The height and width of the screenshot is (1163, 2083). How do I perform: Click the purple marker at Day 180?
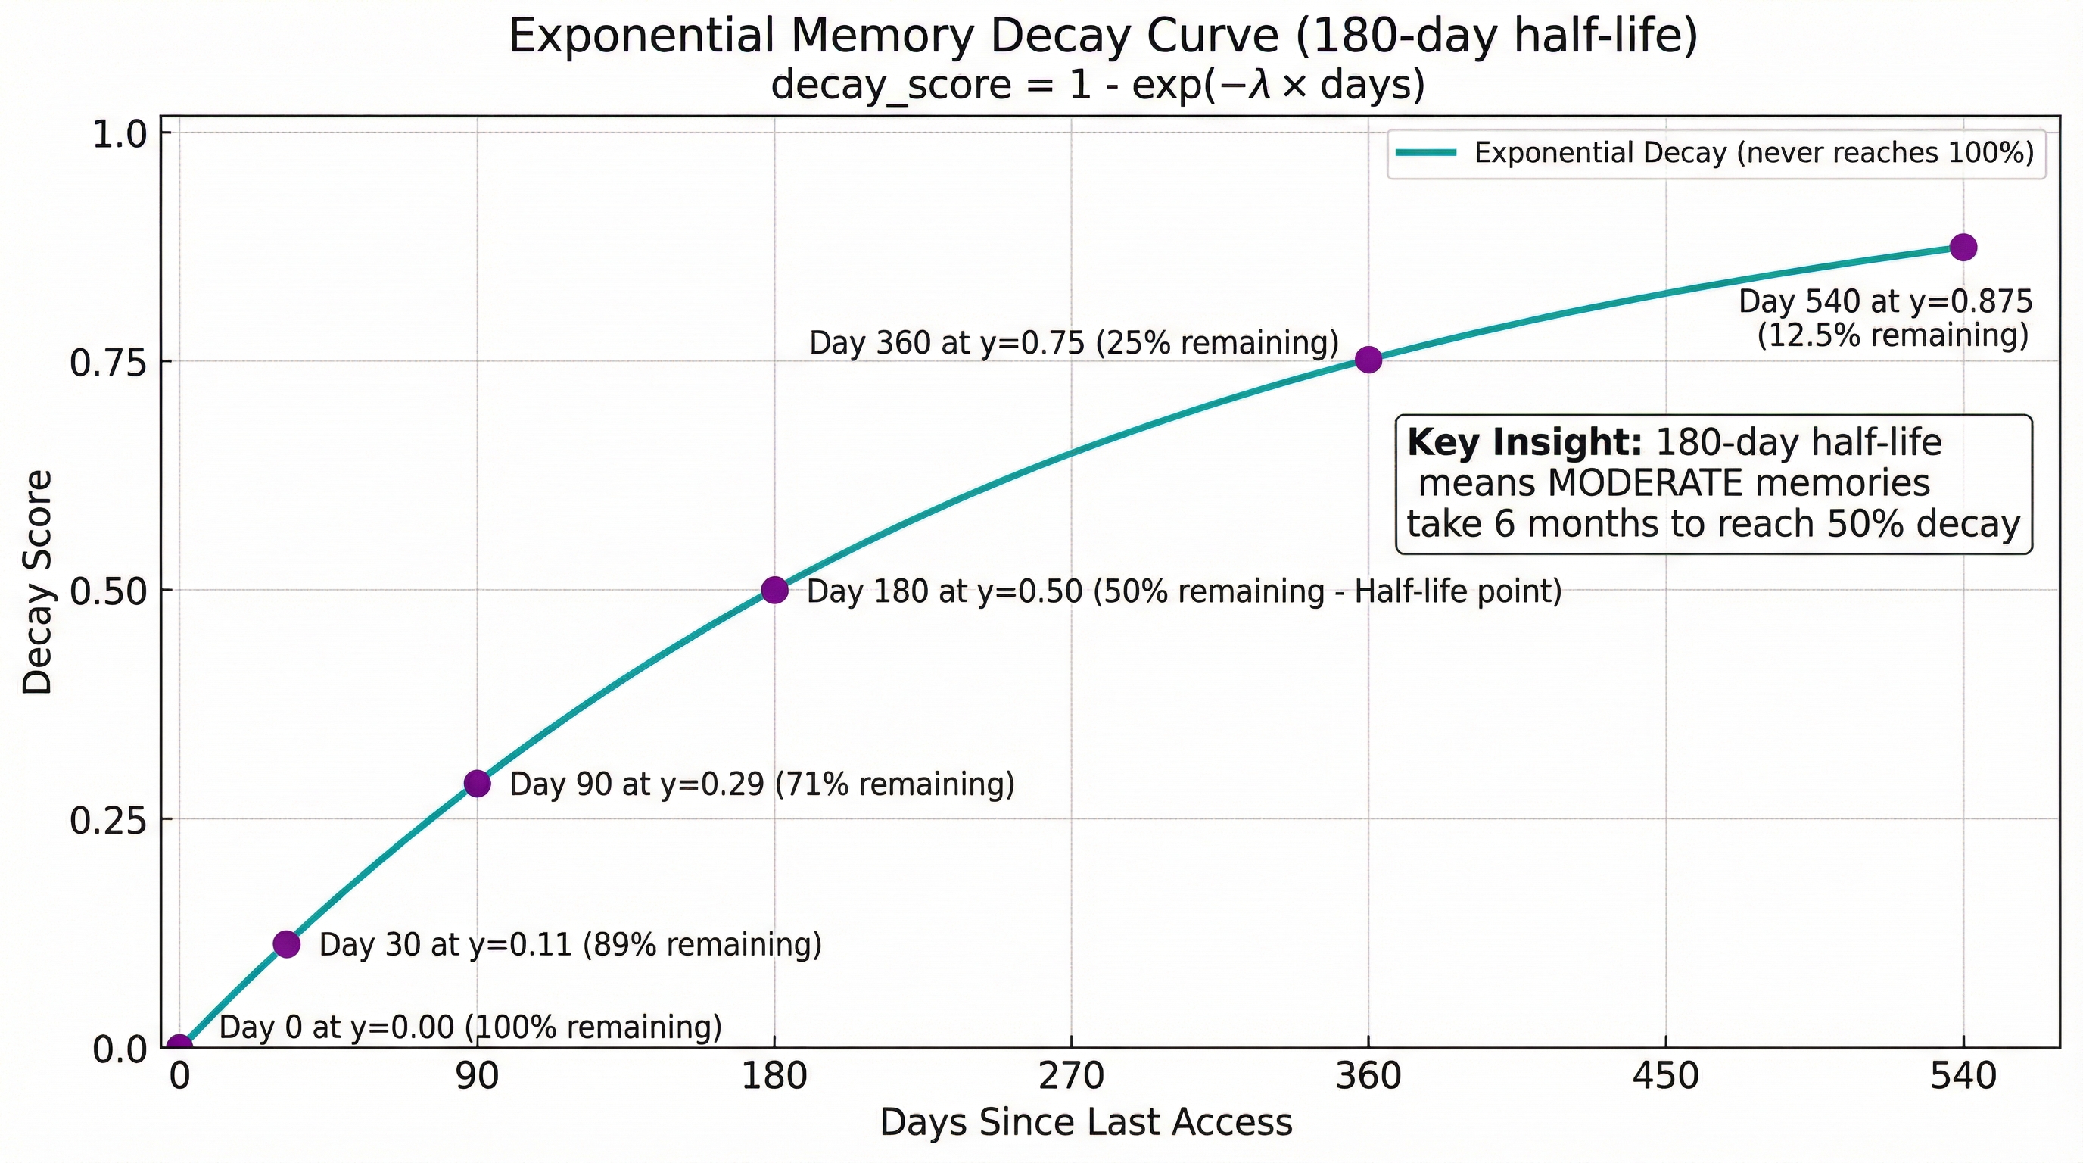click(774, 591)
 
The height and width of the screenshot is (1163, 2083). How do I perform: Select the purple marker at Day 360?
click(1368, 360)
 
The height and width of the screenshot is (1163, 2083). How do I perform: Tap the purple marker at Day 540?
click(1963, 248)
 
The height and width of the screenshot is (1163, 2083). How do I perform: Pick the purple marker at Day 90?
click(477, 784)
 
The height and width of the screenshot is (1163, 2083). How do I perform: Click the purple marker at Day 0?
click(179, 1046)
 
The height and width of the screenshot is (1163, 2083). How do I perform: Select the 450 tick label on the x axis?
click(1666, 1077)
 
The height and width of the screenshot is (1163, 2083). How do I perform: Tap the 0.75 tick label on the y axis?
click(112, 363)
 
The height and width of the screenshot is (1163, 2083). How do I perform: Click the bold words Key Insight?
click(1524, 442)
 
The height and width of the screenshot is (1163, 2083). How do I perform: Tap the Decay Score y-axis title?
click(37, 582)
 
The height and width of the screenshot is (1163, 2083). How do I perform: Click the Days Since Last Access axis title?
click(1086, 1124)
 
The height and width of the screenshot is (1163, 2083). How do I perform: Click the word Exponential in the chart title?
click(637, 37)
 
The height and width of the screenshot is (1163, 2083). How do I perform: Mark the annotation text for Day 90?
click(761, 784)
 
